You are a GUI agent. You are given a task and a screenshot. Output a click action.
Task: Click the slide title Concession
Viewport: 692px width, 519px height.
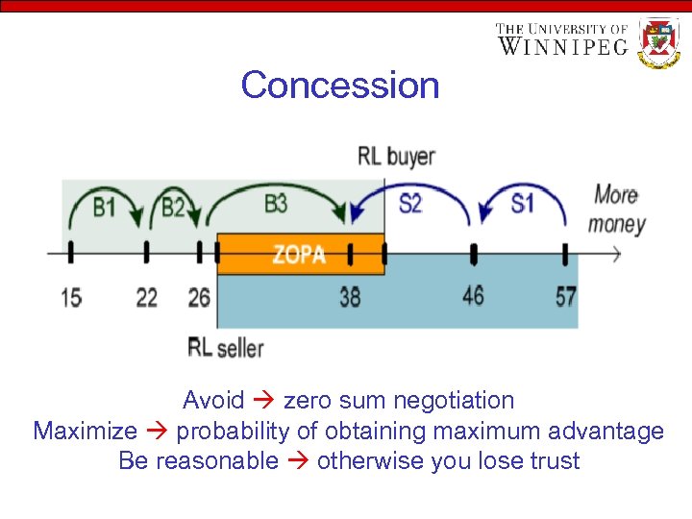pyautogui.click(x=340, y=85)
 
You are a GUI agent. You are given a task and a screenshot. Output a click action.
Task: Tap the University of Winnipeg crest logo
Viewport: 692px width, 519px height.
pyautogui.click(x=659, y=43)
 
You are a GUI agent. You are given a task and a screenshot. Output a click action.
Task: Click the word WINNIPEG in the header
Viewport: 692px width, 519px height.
pyautogui.click(x=564, y=46)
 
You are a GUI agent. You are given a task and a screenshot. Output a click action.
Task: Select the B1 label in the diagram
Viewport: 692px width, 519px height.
pyautogui.click(x=105, y=206)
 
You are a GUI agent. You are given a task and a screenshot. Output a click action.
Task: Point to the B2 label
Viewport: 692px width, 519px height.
pyautogui.click(x=173, y=207)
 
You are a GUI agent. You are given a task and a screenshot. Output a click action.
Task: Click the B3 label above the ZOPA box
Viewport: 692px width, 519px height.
pyautogui.click(x=276, y=204)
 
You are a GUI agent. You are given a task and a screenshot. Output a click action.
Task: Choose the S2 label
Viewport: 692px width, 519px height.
pyautogui.click(x=409, y=204)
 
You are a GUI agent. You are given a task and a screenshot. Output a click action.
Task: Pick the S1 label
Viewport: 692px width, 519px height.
pyautogui.click(x=522, y=204)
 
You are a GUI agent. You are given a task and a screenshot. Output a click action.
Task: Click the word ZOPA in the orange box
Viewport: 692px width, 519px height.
pyautogui.click(x=299, y=255)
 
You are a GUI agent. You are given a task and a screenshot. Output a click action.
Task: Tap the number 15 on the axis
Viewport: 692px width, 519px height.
pyautogui.click(x=71, y=298)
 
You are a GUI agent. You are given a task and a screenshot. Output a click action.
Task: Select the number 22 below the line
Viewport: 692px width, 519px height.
pyautogui.click(x=146, y=298)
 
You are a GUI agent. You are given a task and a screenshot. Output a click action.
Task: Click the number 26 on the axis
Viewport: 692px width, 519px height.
pyautogui.click(x=199, y=298)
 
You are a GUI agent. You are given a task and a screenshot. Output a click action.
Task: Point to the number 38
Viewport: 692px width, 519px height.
pyautogui.click(x=350, y=297)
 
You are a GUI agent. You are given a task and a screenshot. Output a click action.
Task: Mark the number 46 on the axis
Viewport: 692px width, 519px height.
pyautogui.click(x=473, y=294)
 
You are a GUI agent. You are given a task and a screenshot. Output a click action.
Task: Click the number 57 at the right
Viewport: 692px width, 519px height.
pyautogui.click(x=566, y=295)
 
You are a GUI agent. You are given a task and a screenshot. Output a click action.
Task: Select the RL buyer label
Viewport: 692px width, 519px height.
pyautogui.click(x=396, y=156)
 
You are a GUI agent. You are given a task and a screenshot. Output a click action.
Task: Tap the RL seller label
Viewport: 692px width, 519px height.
pyautogui.click(x=226, y=347)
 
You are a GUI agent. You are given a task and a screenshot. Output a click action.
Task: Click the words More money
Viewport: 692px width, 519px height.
pyautogui.click(x=616, y=210)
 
